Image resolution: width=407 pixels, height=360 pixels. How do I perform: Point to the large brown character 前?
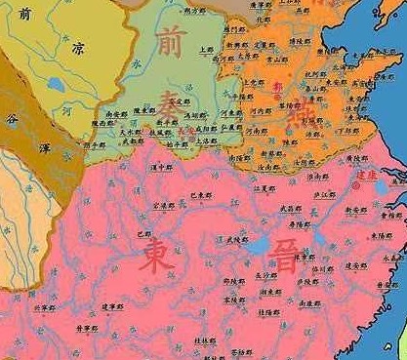[x=167, y=42]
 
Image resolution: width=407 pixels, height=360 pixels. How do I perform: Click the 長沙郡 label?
[x=266, y=276]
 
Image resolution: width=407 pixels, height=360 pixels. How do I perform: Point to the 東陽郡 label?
[x=380, y=236]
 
